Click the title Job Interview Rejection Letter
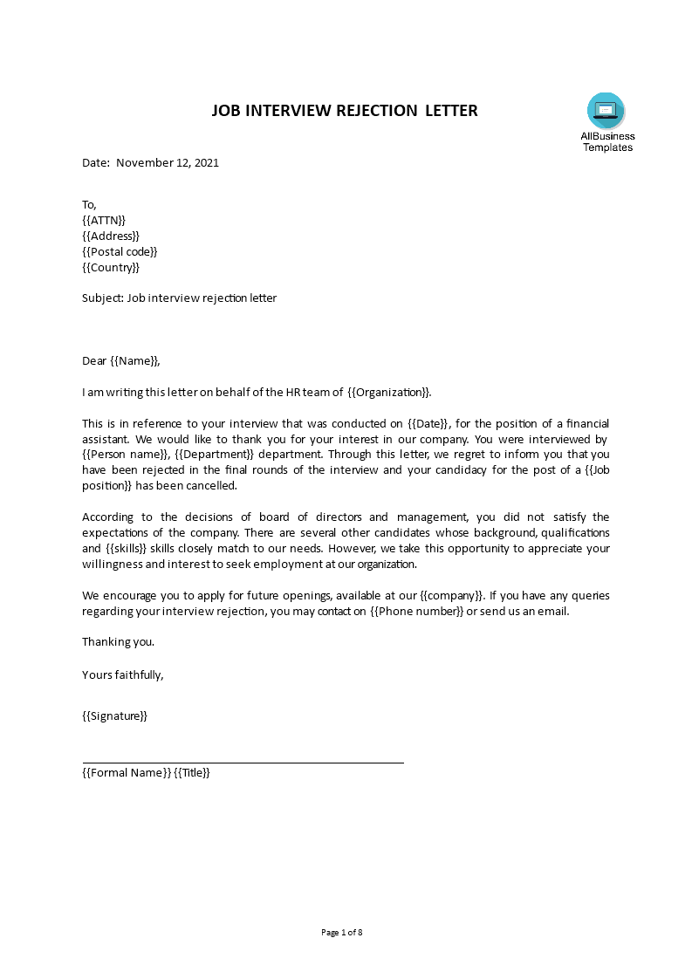[346, 111]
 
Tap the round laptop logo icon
[606, 111]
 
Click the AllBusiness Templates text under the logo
[607, 141]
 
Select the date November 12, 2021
[167, 162]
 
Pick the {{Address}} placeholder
[110, 236]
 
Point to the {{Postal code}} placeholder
[120, 251]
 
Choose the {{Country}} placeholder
[110, 267]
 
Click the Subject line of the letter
[179, 298]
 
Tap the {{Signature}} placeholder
[114, 715]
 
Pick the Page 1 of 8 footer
[342, 932]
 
